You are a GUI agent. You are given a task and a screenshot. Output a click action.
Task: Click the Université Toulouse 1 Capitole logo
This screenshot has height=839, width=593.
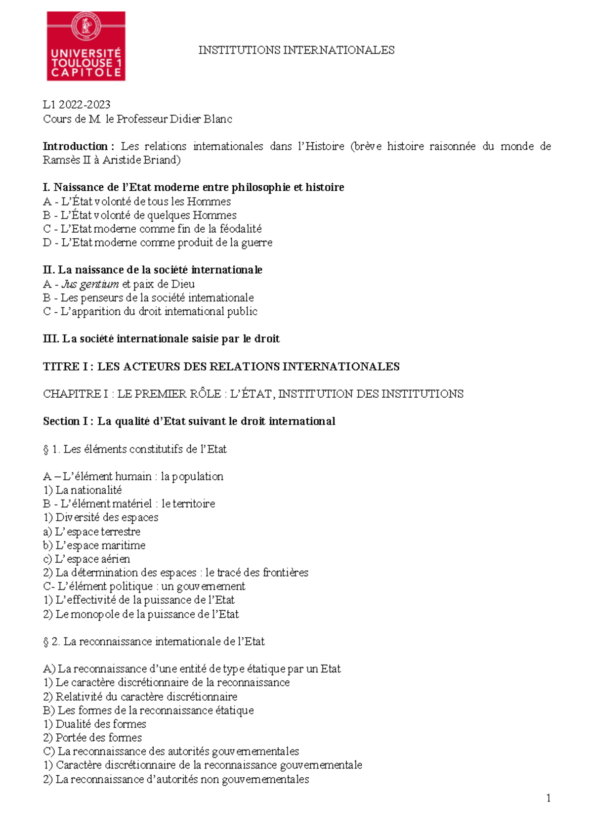point(86,46)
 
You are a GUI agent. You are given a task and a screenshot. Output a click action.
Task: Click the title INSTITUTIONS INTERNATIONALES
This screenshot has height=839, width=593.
point(296,50)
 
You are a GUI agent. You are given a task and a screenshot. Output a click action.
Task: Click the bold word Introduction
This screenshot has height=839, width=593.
point(75,146)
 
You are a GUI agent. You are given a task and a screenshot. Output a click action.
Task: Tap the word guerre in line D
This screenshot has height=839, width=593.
point(257,243)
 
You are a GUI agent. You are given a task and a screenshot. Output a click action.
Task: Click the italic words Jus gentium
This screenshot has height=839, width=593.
point(90,284)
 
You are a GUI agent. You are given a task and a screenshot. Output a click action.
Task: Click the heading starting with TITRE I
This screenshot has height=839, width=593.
point(221,367)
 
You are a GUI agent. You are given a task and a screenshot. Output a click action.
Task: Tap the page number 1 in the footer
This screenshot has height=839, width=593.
point(549,798)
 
